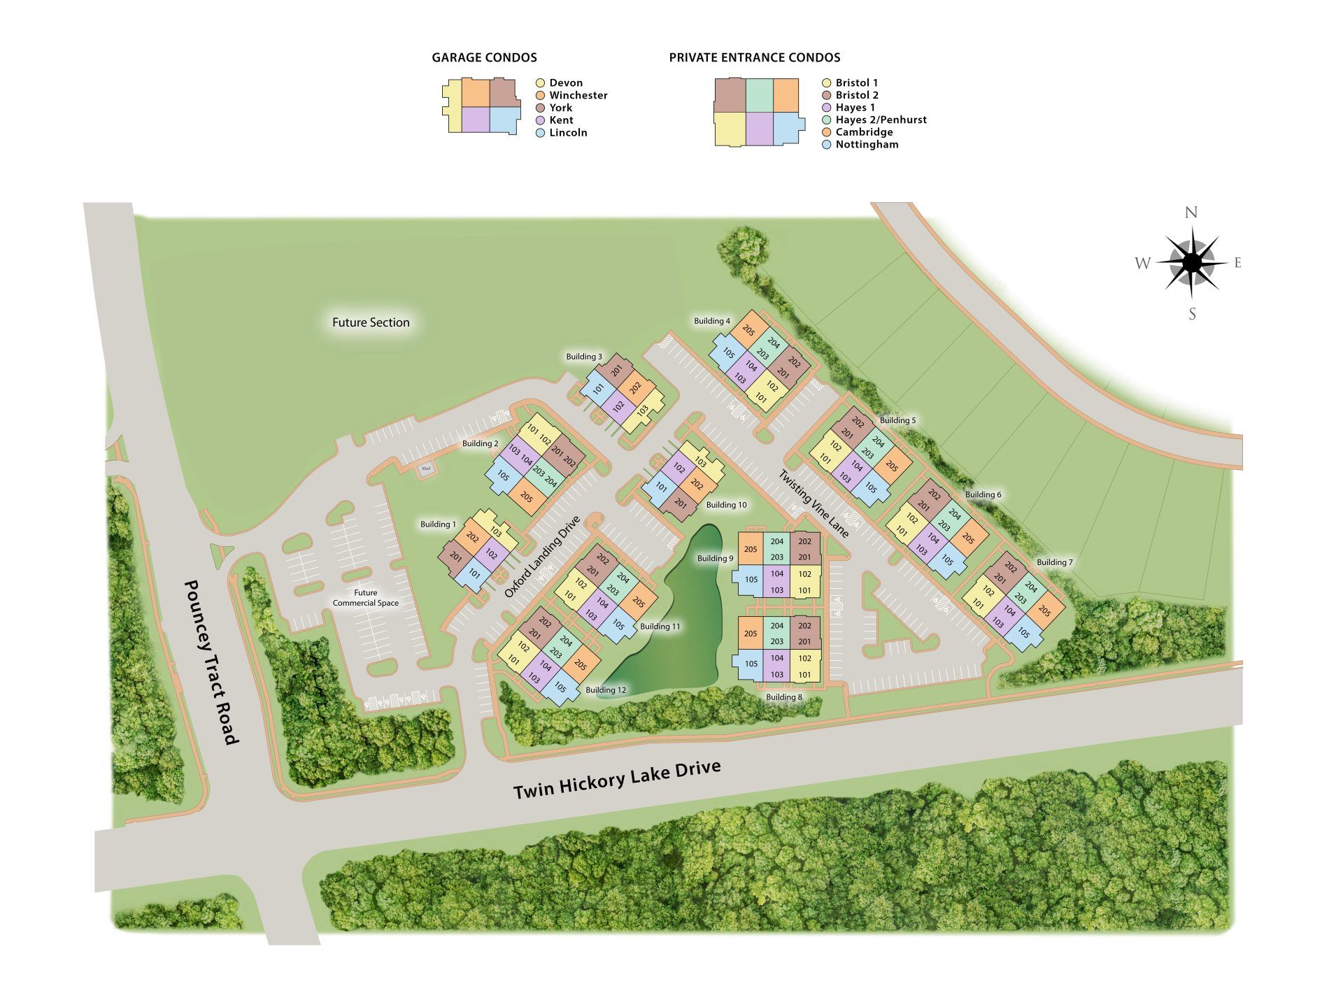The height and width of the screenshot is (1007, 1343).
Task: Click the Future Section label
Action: [371, 322]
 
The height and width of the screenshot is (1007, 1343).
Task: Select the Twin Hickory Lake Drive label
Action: [617, 780]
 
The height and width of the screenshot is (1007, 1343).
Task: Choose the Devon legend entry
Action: [565, 83]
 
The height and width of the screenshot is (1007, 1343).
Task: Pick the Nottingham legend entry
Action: [867, 145]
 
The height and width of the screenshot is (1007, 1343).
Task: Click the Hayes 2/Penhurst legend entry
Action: [881, 120]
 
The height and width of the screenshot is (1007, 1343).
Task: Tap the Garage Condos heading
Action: [484, 58]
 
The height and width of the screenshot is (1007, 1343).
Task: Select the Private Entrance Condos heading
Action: [755, 58]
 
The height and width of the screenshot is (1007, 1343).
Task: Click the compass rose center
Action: [1193, 263]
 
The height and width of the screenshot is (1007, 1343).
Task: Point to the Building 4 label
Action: [712, 321]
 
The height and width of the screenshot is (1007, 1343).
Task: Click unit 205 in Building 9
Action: [751, 550]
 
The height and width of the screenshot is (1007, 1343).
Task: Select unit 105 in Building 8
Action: [751, 664]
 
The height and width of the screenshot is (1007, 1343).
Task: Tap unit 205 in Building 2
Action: [527, 498]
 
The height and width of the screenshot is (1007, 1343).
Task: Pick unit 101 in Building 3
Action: [599, 390]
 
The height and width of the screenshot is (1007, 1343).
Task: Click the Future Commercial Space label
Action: [365, 598]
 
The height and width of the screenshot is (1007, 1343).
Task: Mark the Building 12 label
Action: [606, 690]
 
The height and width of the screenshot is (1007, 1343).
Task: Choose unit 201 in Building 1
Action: [456, 557]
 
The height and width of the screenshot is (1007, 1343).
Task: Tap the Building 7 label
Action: [1054, 562]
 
